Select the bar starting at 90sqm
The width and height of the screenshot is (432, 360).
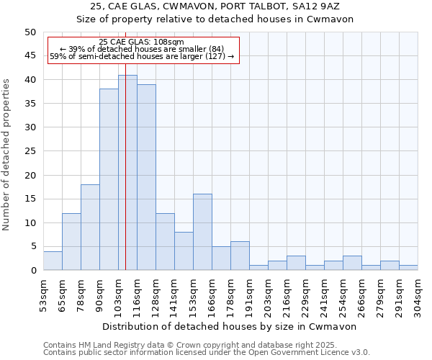coord(109,180)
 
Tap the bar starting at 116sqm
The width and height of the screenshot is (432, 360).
coord(146,177)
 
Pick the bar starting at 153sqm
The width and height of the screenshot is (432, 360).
coord(202,232)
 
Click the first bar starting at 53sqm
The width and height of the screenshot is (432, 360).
coord(53,261)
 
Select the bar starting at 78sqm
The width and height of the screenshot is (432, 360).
coord(90,228)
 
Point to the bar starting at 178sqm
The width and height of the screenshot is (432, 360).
coord(240,256)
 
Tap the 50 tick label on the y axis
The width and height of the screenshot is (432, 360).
coord(30,32)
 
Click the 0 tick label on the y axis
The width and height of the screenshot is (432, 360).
coord(32,271)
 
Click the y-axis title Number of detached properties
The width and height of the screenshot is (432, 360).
coord(7,151)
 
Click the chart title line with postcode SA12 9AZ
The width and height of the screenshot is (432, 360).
coord(215,6)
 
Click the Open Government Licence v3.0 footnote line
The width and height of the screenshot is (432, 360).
coord(207,353)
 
